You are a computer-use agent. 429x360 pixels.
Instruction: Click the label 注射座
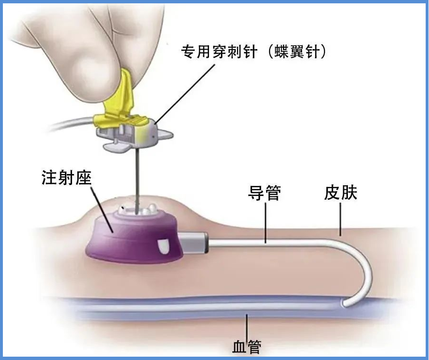(66, 178)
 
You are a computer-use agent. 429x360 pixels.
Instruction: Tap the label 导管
(264, 193)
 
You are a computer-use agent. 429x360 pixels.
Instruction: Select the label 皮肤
(341, 193)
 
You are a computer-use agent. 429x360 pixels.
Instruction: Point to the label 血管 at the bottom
(247, 347)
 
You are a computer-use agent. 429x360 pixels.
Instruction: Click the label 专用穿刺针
(219, 51)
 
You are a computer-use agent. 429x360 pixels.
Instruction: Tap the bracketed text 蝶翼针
(297, 51)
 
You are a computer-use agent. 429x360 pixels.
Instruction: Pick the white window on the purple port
(164, 246)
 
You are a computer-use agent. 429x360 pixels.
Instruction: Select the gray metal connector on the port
(194, 242)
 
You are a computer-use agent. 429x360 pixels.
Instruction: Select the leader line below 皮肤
(340, 219)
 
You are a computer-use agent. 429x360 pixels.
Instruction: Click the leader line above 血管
(247, 327)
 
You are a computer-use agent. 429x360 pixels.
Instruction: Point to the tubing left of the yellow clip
(72, 123)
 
